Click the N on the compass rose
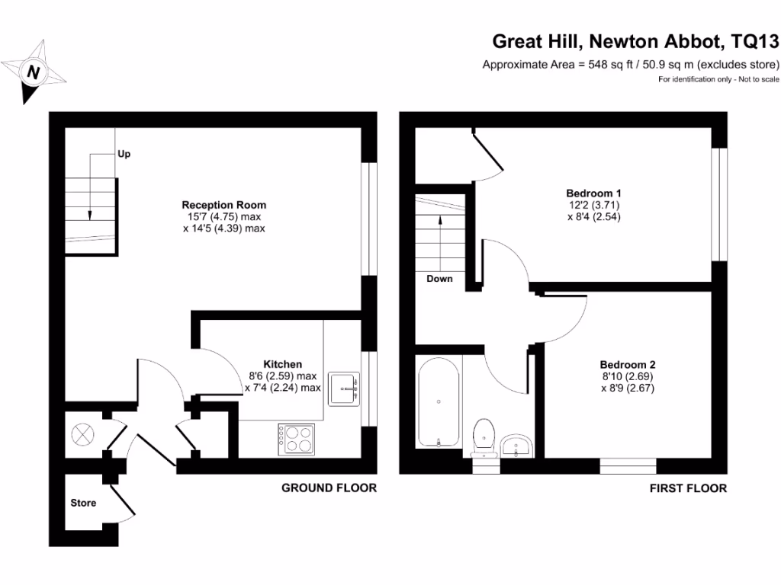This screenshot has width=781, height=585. pos(34,72)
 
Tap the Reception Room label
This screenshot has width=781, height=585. pos(223,205)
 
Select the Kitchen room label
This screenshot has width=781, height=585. pos(282,364)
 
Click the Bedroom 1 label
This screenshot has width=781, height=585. pos(593,193)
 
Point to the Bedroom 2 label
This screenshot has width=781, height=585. pos(628,365)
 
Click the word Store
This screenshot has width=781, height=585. pos(83,503)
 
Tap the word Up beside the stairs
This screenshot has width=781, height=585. pos(124,154)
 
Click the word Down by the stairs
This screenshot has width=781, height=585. pos(439,279)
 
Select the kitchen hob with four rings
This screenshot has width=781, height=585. pos(297,440)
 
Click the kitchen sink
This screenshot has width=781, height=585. pos(344,388)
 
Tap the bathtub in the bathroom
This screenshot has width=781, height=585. pos(439,402)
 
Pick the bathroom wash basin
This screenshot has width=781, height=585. pos(517,446)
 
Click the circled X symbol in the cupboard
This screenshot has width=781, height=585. pos(82,435)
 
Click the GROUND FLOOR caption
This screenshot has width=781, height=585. pos(329,488)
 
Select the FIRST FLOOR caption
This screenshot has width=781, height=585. pos(688,488)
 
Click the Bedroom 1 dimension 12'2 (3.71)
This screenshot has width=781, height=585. pos(593,205)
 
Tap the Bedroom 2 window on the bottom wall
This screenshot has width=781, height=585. pos(628,466)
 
